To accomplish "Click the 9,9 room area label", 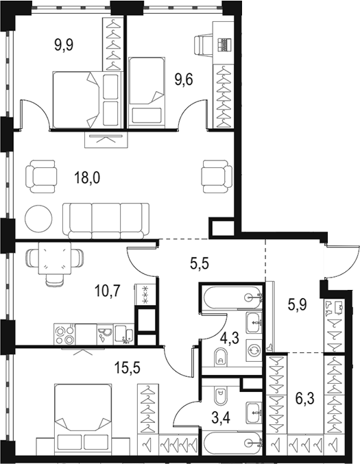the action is point(64,45).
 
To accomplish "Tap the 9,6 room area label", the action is point(184,80).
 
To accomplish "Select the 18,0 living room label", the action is point(87,178).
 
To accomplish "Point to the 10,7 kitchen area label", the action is point(107,291).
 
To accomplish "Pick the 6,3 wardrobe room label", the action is point(305,399).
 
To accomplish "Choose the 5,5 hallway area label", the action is point(200,262).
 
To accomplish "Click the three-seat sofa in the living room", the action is point(106,221).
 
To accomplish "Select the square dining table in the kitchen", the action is point(55,258).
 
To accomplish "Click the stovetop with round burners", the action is point(64,334).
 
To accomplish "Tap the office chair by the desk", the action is point(203,45).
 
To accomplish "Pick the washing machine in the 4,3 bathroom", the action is point(254,351).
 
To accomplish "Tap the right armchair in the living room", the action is point(217,177).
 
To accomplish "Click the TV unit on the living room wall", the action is point(106,140).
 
